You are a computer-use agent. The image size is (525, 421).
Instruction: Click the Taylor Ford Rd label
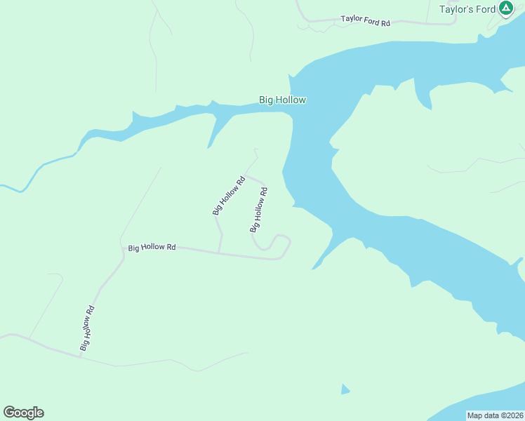365,21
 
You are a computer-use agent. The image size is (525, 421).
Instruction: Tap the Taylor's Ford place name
467,9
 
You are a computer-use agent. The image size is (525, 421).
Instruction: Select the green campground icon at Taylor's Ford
505,9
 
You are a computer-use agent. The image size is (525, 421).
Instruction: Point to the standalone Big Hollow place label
282,100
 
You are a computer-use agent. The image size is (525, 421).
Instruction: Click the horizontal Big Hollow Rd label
152,247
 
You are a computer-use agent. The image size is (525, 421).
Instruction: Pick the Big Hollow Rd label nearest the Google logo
86,328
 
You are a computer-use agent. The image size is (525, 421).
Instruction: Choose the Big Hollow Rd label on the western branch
228,196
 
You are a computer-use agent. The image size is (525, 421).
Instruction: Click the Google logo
23,413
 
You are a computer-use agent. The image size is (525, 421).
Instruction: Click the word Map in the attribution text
476,415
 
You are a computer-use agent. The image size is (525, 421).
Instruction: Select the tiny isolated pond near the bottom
345,389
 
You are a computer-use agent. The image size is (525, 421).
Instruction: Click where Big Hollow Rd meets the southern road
79,356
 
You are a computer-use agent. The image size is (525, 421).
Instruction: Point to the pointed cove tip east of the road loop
314,267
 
